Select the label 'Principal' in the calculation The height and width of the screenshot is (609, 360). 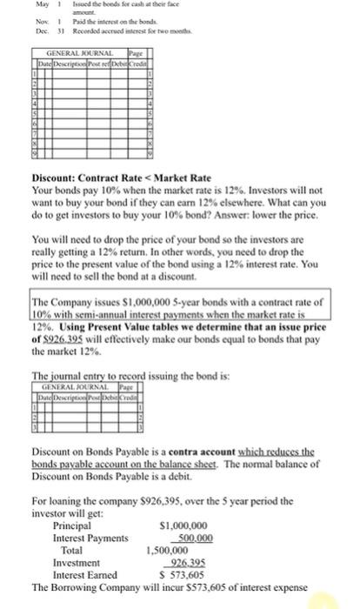point(72,525)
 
